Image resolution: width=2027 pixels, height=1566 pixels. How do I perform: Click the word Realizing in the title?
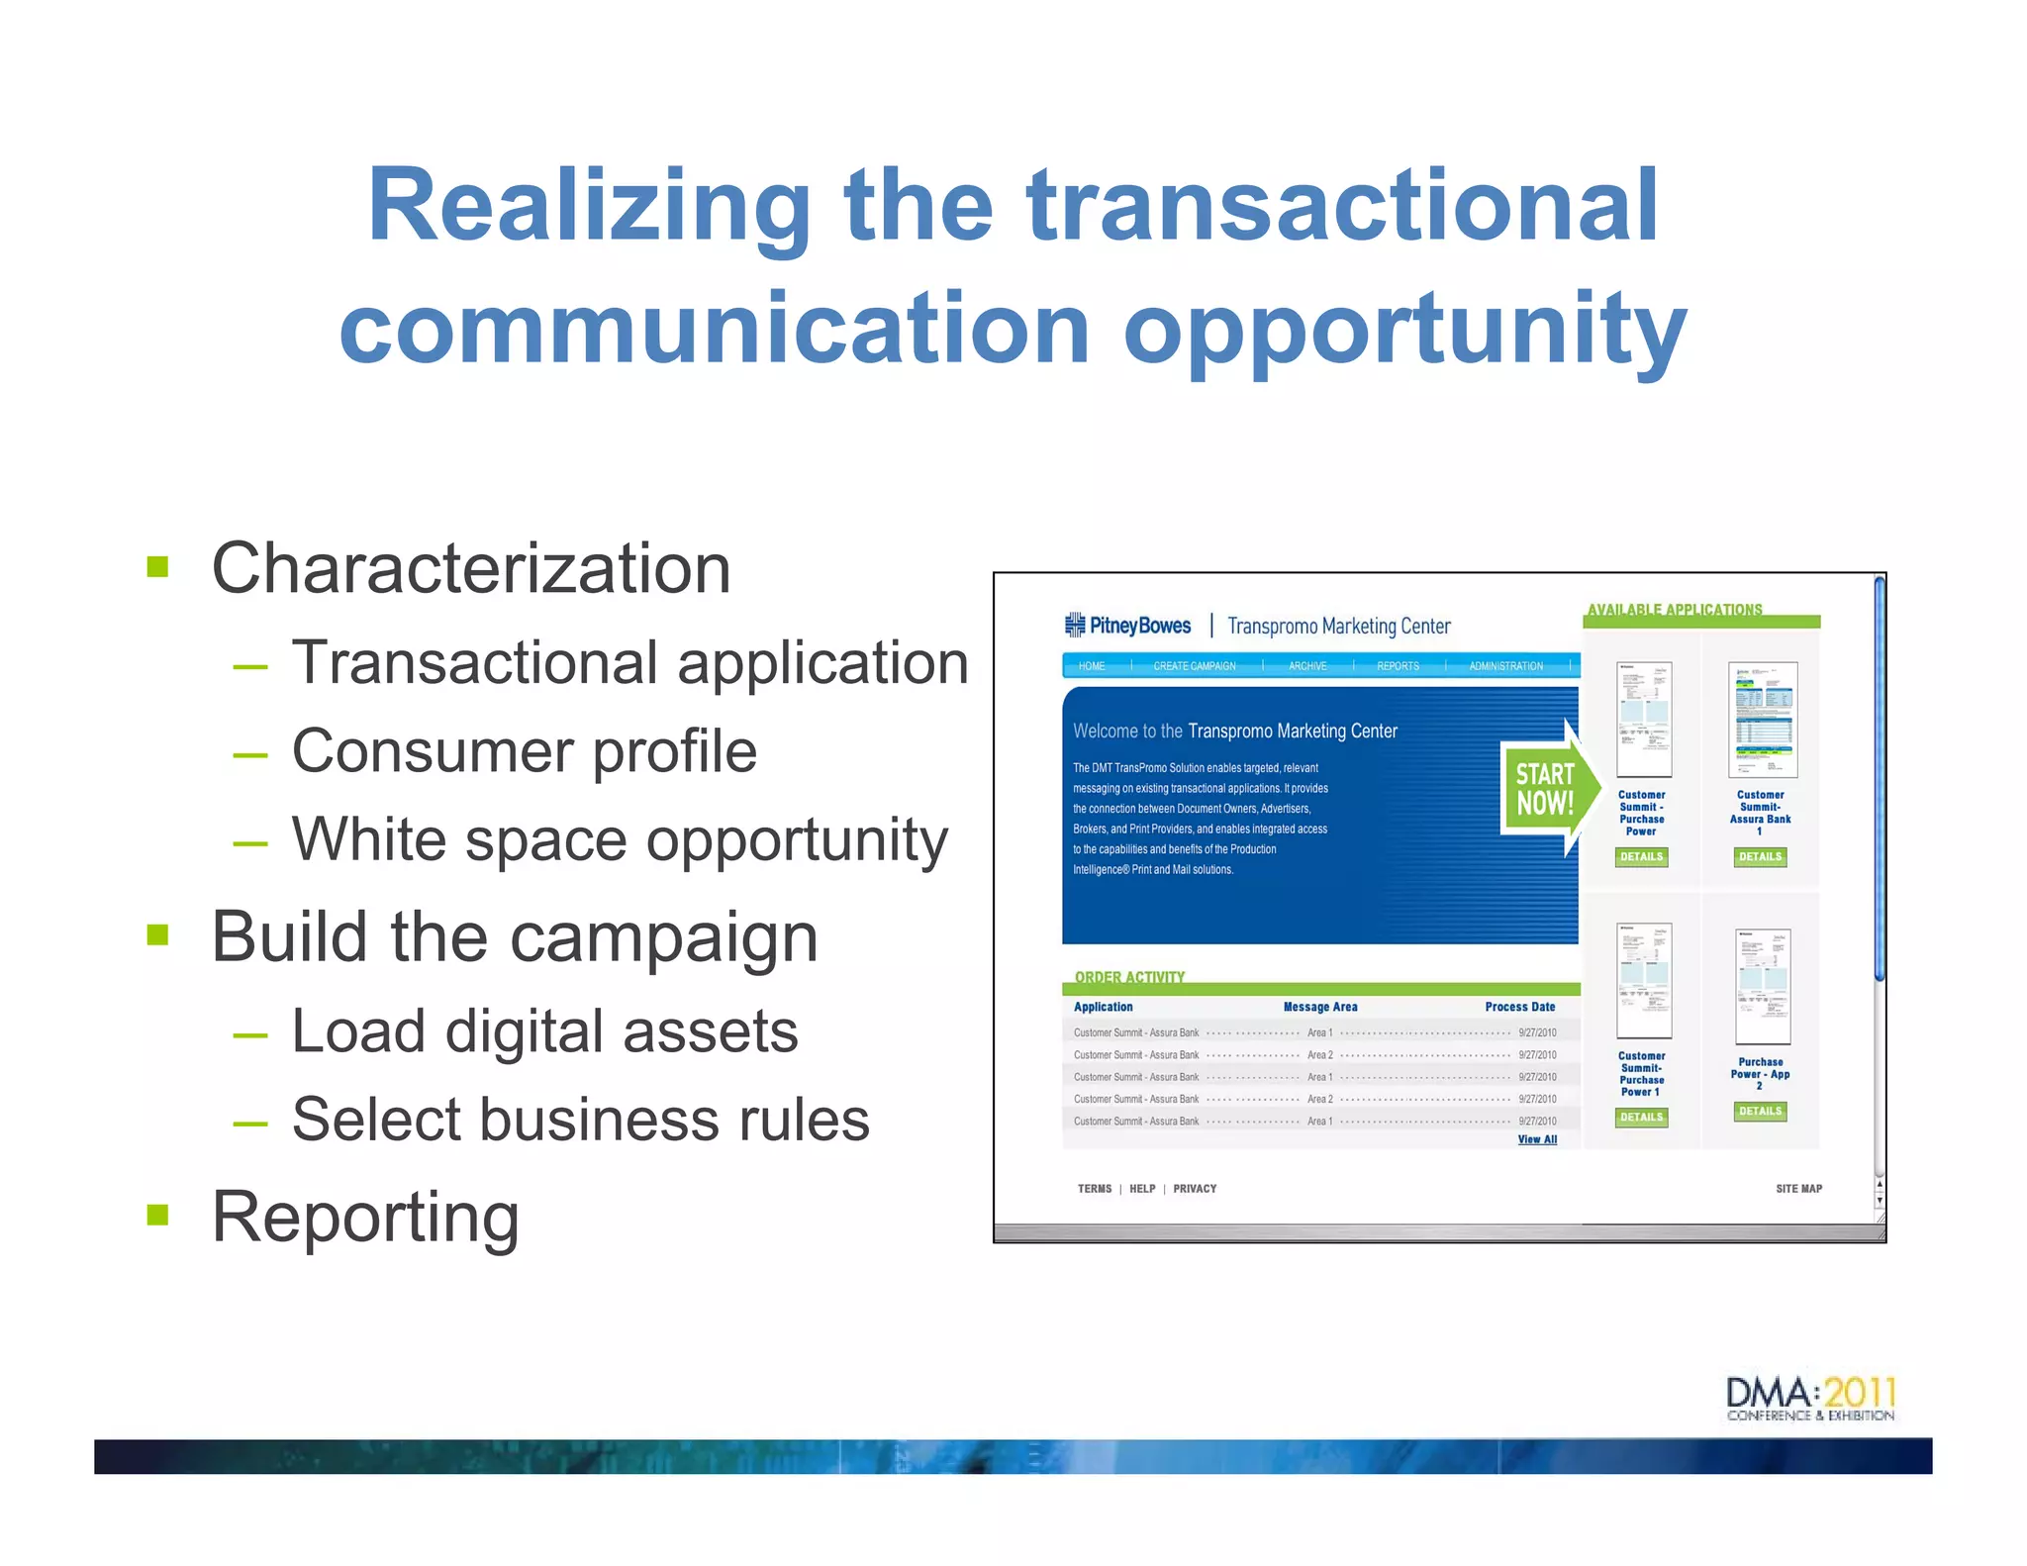click(x=588, y=206)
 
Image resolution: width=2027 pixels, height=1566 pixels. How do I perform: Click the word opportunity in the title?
click(x=1404, y=329)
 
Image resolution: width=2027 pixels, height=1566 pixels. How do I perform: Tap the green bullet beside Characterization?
click(x=157, y=567)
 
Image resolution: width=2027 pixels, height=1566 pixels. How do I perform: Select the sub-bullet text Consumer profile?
click(x=524, y=750)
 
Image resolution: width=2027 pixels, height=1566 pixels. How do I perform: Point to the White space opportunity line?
click(x=619, y=839)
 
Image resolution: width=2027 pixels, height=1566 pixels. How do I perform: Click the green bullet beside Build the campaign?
click(x=157, y=934)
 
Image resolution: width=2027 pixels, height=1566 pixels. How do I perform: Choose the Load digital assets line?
click(x=544, y=1030)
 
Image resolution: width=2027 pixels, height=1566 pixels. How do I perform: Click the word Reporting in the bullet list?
click(x=365, y=1217)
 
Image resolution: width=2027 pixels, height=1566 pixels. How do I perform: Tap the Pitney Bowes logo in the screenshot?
click(x=1128, y=626)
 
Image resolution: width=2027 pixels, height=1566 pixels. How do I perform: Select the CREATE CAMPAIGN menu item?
click(x=1194, y=666)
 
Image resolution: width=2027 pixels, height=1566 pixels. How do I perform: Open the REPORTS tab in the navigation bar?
click(x=1398, y=666)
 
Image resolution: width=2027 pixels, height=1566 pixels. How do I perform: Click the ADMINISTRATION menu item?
click(x=1505, y=666)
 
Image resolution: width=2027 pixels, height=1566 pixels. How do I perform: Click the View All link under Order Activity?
click(x=1536, y=1139)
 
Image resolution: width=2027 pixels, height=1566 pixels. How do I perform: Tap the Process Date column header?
click(x=1519, y=1007)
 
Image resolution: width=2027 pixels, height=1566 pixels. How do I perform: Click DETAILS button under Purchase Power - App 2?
click(x=1760, y=1112)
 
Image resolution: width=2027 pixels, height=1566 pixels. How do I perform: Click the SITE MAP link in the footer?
click(x=1797, y=1189)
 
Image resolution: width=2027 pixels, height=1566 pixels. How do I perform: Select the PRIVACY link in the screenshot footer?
click(x=1195, y=1189)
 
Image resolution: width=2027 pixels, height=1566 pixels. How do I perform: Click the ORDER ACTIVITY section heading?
click(x=1129, y=977)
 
